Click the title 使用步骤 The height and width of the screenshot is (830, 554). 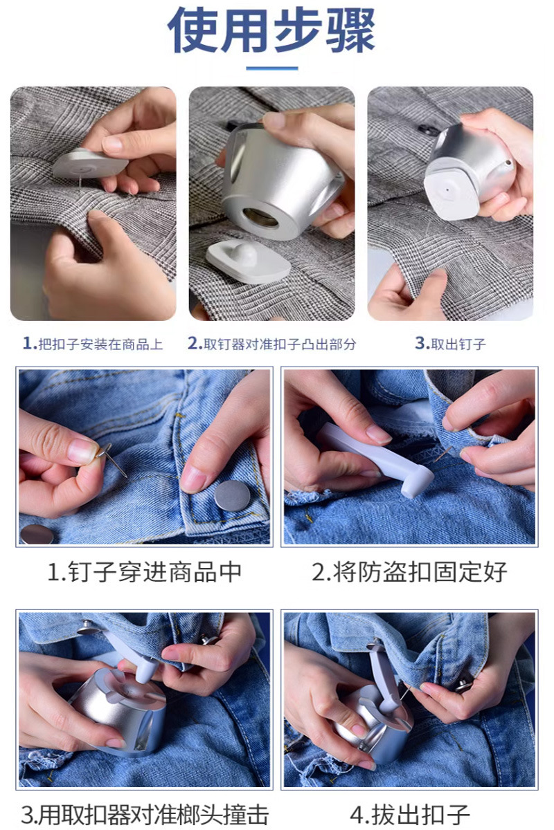[271, 30]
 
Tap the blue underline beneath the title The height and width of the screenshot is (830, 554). [272, 68]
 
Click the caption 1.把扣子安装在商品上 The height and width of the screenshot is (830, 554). [93, 344]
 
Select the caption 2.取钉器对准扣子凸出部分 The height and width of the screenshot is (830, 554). [271, 344]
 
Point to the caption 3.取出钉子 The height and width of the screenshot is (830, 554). [450, 344]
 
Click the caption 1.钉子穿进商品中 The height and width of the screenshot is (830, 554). [145, 572]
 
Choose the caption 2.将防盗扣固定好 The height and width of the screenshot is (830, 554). [409, 572]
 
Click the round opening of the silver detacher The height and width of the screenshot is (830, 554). [260, 217]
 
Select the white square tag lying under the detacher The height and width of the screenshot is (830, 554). [249, 261]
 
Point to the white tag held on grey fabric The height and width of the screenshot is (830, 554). [90, 163]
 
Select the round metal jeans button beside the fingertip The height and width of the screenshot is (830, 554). [233, 496]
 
